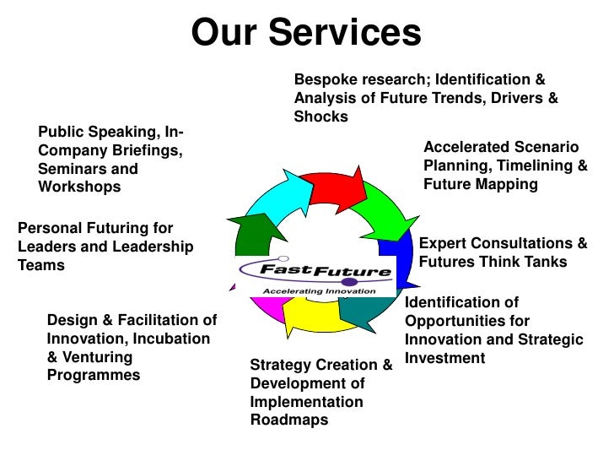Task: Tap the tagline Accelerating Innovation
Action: [319, 290]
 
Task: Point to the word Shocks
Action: [320, 117]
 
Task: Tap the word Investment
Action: [445, 358]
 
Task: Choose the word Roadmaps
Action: [289, 420]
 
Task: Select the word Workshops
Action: [79, 187]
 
